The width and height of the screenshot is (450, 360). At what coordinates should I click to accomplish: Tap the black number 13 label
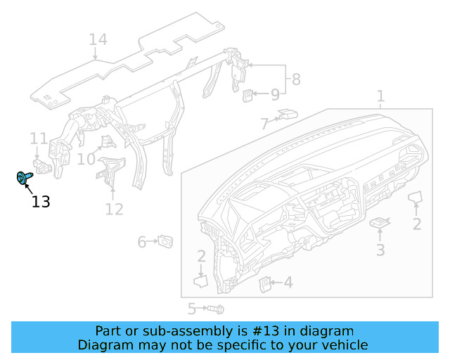[41, 202]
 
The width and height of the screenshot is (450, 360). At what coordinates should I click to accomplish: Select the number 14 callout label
[98, 39]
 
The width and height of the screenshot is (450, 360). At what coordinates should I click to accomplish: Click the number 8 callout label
[296, 79]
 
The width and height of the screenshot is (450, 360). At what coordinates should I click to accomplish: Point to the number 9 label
[275, 94]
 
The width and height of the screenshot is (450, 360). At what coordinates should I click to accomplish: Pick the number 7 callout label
[264, 124]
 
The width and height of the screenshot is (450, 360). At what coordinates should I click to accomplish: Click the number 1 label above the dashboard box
[380, 96]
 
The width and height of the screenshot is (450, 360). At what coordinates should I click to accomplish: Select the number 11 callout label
[38, 138]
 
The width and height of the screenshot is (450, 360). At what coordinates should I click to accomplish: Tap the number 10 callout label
[86, 160]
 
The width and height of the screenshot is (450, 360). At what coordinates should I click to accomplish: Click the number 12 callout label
[114, 209]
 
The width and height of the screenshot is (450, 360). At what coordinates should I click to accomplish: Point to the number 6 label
[141, 242]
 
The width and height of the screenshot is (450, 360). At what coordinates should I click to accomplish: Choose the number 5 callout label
[191, 308]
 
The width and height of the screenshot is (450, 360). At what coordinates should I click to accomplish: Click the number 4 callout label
[288, 283]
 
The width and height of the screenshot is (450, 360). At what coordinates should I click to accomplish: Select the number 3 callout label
[380, 250]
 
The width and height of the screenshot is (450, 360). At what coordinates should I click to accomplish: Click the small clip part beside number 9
[249, 95]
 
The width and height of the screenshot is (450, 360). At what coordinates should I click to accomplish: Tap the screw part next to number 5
[215, 308]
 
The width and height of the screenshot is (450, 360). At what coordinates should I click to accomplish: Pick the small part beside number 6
[166, 241]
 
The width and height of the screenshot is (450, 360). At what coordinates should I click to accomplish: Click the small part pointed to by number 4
[266, 283]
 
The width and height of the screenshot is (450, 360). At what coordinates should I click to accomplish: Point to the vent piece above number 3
[380, 223]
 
